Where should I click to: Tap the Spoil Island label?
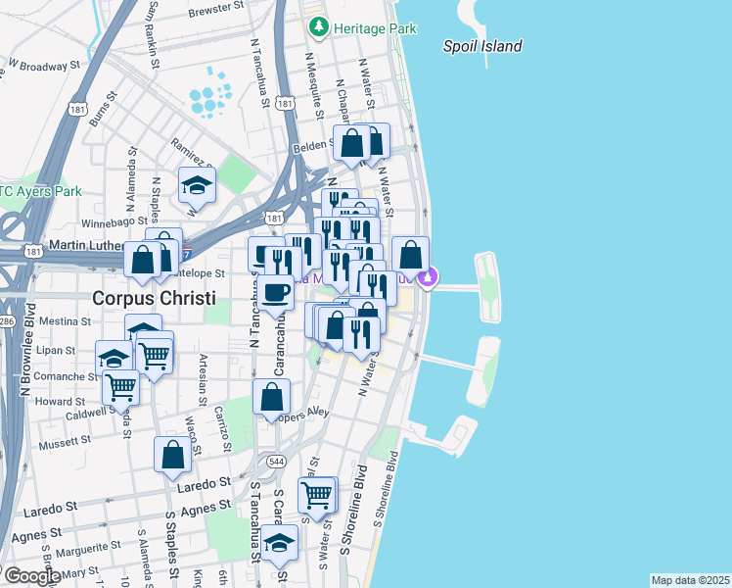pyautogui.click(x=482, y=46)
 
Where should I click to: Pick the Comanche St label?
pyautogui.click(x=64, y=375)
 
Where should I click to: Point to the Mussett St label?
pyautogui.click(x=65, y=443)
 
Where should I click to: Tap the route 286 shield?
pyautogui.click(x=5, y=319)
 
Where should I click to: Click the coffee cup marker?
pyautogui.click(x=275, y=291)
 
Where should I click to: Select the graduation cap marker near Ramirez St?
pyautogui.click(x=197, y=183)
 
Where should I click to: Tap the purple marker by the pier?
pyautogui.click(x=428, y=279)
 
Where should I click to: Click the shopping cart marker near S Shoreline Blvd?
pyautogui.click(x=317, y=496)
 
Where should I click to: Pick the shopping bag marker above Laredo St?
pyautogui.click(x=173, y=455)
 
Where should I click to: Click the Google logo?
pyautogui.click(x=31, y=576)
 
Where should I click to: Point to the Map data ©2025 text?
pyautogui.click(x=690, y=580)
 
